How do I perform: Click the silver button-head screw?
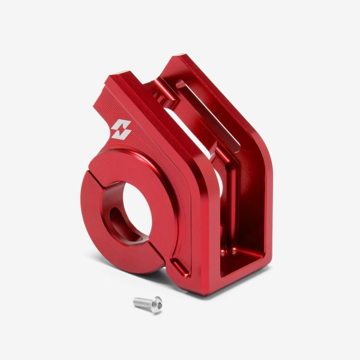point(148,305)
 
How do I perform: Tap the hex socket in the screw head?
point(156,307)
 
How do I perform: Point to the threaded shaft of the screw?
point(141,302)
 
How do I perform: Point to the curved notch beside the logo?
point(100,96)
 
